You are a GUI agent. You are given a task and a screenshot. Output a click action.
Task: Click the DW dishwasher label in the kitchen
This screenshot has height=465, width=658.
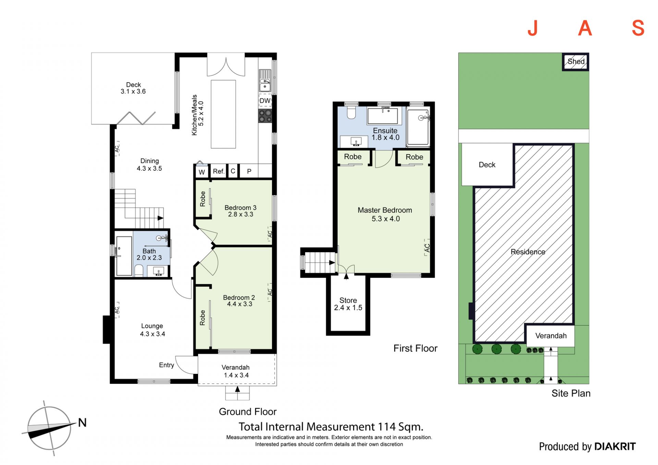265,101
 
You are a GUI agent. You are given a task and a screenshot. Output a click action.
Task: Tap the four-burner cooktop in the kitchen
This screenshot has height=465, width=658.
265,116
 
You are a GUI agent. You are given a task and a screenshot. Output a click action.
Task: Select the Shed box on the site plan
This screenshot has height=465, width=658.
576,62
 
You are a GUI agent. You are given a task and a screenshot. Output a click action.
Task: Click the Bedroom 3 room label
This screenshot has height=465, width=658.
240,208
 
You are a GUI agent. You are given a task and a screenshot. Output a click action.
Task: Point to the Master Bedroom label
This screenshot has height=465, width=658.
385,210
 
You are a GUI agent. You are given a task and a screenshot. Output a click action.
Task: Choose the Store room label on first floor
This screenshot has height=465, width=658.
348,300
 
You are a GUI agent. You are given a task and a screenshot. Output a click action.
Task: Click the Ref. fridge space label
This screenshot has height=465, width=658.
219,171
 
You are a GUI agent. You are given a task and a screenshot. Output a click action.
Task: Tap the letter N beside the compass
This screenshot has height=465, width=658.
82,423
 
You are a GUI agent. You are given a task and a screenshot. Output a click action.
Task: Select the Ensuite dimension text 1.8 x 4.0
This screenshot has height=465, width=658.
386,137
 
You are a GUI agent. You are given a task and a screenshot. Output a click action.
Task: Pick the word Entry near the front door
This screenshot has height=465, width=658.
167,365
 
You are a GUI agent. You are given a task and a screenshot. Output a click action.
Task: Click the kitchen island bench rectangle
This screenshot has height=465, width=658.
223,114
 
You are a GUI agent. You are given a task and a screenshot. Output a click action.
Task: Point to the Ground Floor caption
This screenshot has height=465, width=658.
247,412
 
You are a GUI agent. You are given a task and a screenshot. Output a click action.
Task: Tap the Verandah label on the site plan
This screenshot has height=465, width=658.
551,336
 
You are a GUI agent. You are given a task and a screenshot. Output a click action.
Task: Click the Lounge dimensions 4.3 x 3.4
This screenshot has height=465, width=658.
153,334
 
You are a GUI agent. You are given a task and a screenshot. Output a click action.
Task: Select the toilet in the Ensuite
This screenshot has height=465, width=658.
351,112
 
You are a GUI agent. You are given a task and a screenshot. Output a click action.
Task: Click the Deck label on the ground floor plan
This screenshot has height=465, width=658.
133,85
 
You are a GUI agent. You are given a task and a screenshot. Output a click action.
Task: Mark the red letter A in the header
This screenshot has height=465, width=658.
585,28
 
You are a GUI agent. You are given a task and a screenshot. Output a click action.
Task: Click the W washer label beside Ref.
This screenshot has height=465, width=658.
202,172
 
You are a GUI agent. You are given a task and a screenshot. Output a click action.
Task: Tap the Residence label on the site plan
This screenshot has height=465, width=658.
528,252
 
